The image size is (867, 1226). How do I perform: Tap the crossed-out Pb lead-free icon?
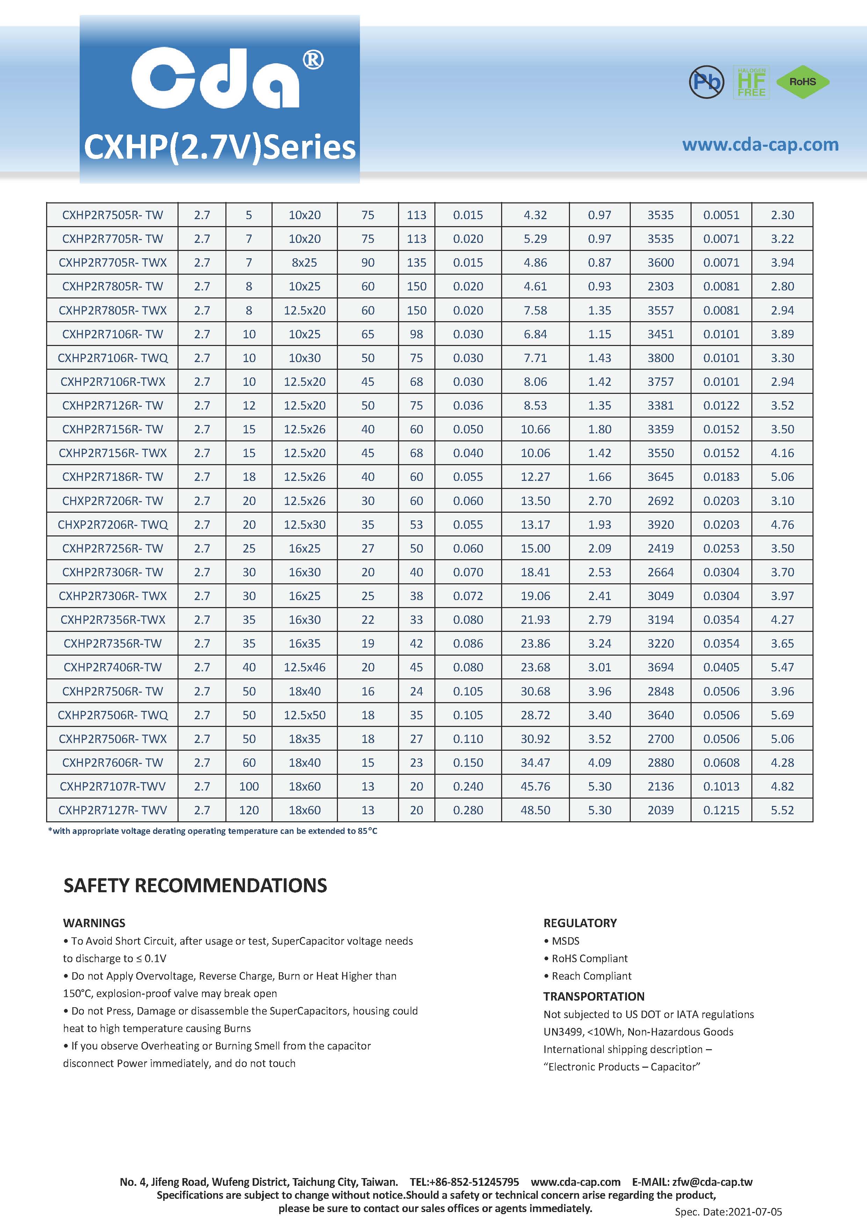point(706,82)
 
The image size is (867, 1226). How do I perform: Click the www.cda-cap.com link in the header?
point(760,145)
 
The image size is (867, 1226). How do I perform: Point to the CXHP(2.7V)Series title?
point(219,147)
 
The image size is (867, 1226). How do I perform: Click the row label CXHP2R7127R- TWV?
point(112,810)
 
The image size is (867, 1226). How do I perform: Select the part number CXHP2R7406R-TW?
point(112,667)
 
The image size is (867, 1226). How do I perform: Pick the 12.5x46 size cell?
point(304,667)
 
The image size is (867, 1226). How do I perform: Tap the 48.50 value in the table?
point(535,810)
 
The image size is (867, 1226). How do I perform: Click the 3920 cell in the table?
point(660,524)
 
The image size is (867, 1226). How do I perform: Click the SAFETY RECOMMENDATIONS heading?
point(195,885)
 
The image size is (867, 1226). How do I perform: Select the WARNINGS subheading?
point(94,923)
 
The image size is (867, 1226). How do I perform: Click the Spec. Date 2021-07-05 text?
point(728,1212)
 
